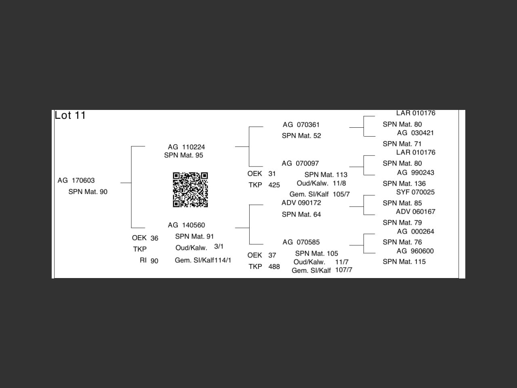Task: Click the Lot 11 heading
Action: point(70,116)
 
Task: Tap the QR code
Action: point(190,190)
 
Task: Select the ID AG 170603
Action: point(76,181)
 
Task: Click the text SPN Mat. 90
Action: point(88,192)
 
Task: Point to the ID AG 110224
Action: point(186,147)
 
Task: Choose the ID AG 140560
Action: point(186,225)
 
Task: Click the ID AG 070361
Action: point(301,125)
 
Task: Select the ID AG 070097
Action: point(300,164)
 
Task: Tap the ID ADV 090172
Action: point(301,203)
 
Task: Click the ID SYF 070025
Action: point(415,192)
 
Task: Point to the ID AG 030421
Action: point(415,133)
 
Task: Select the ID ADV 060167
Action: point(415,212)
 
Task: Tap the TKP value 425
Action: point(274,185)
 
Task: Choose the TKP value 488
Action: point(274,267)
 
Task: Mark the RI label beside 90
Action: point(143,261)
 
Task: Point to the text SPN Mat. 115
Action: point(404,262)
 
